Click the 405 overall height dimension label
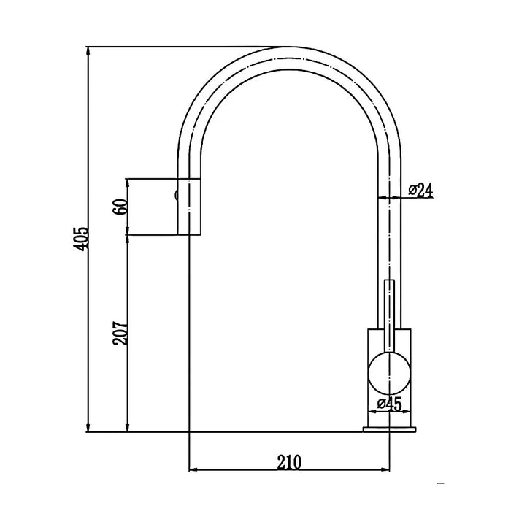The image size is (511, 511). pos(81,239)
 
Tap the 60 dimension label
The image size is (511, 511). pos(119,207)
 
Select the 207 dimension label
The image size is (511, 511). pos(120,334)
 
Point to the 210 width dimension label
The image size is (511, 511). pos(289,462)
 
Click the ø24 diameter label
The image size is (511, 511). pos(420,191)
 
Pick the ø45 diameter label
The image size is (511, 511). pos(389,404)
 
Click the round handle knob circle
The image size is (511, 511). pos(389,373)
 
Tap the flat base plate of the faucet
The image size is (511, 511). pos(389,429)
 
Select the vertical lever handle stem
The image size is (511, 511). pos(389,316)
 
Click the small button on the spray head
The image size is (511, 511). pos(177,195)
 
